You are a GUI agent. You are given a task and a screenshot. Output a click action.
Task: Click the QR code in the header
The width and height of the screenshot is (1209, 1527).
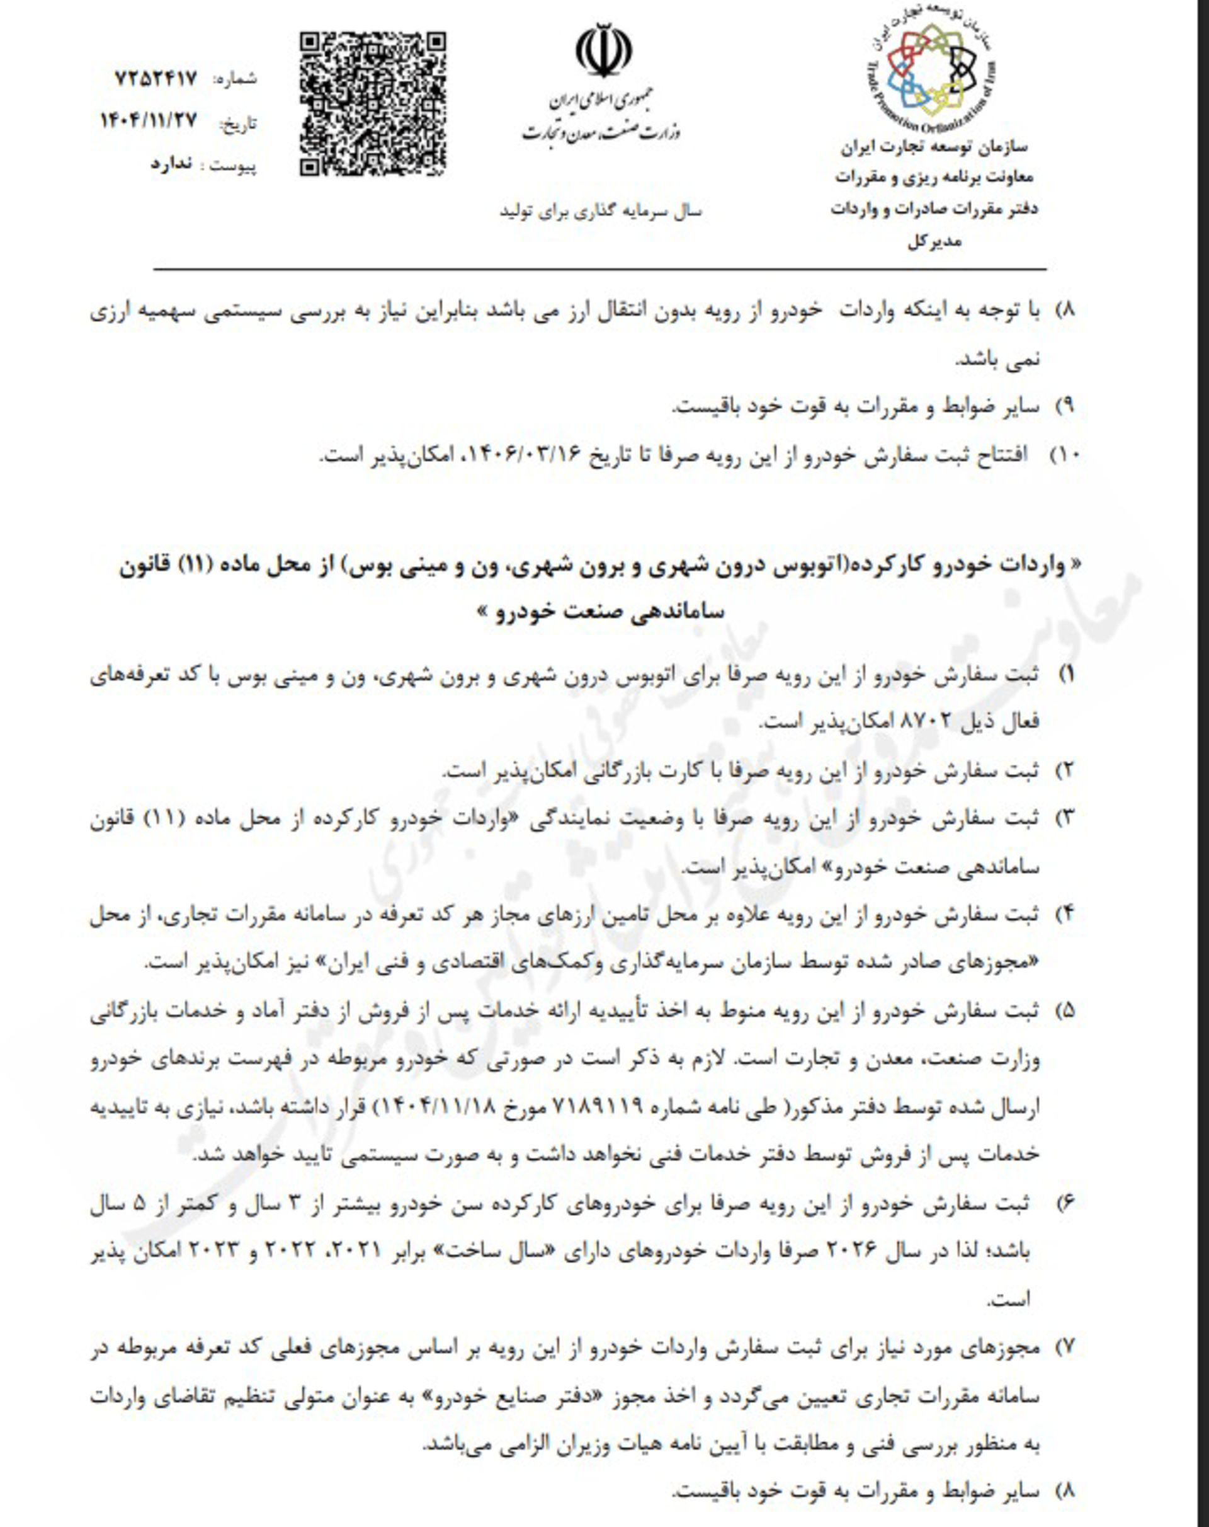point(372,103)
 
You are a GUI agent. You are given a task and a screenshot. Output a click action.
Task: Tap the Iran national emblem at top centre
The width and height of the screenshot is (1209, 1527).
point(603,50)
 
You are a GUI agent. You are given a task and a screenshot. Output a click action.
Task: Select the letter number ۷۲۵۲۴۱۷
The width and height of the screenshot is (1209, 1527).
point(155,79)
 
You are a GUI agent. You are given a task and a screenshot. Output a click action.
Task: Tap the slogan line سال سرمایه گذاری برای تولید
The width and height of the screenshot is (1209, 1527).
point(600,211)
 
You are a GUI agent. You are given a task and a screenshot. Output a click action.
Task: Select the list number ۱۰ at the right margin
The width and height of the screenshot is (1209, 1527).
point(1063,455)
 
